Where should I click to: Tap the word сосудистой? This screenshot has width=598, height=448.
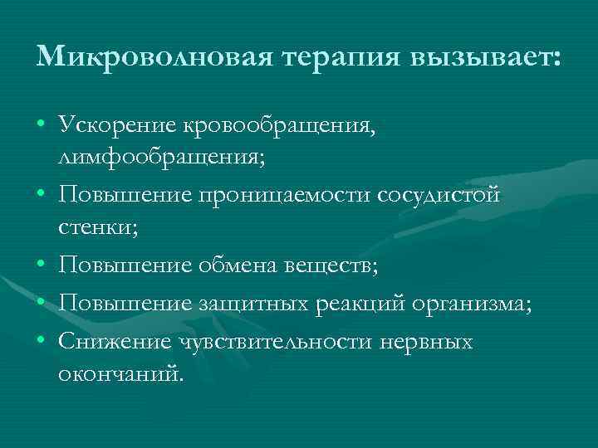(439, 195)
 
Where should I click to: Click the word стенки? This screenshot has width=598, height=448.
(93, 226)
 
